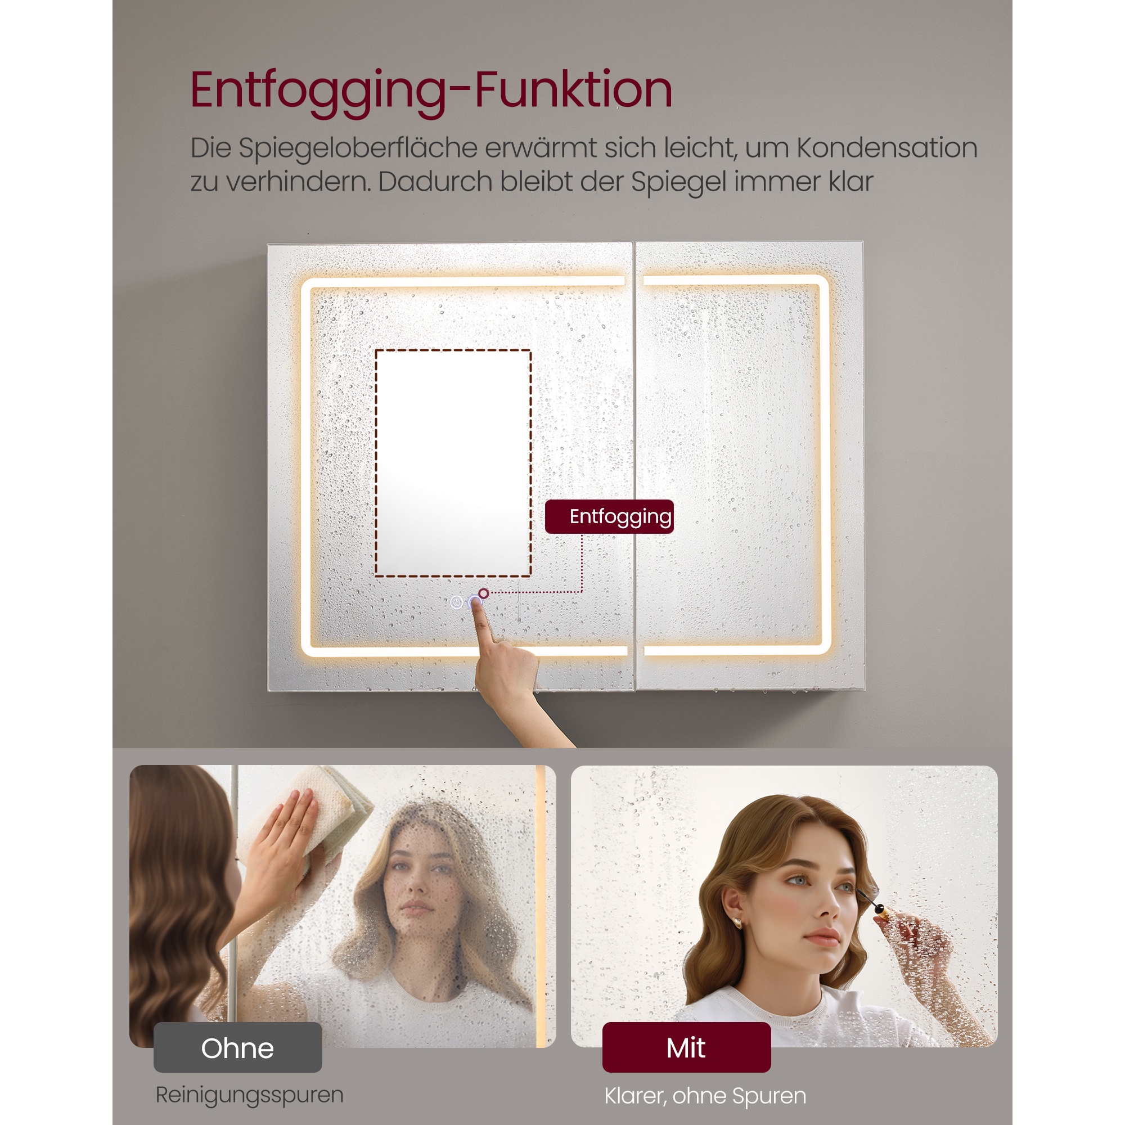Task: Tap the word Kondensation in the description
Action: click(887, 148)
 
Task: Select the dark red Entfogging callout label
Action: click(609, 516)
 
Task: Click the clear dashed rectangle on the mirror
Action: click(453, 463)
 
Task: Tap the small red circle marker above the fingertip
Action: click(483, 593)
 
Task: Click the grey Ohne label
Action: click(237, 1047)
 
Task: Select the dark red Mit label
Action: click(686, 1047)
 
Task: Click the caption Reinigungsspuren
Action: click(249, 1095)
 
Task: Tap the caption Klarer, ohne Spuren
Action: click(705, 1096)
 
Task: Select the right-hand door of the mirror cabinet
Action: click(749, 466)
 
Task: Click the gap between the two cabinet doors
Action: click(634, 466)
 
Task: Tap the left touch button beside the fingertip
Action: click(457, 602)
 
